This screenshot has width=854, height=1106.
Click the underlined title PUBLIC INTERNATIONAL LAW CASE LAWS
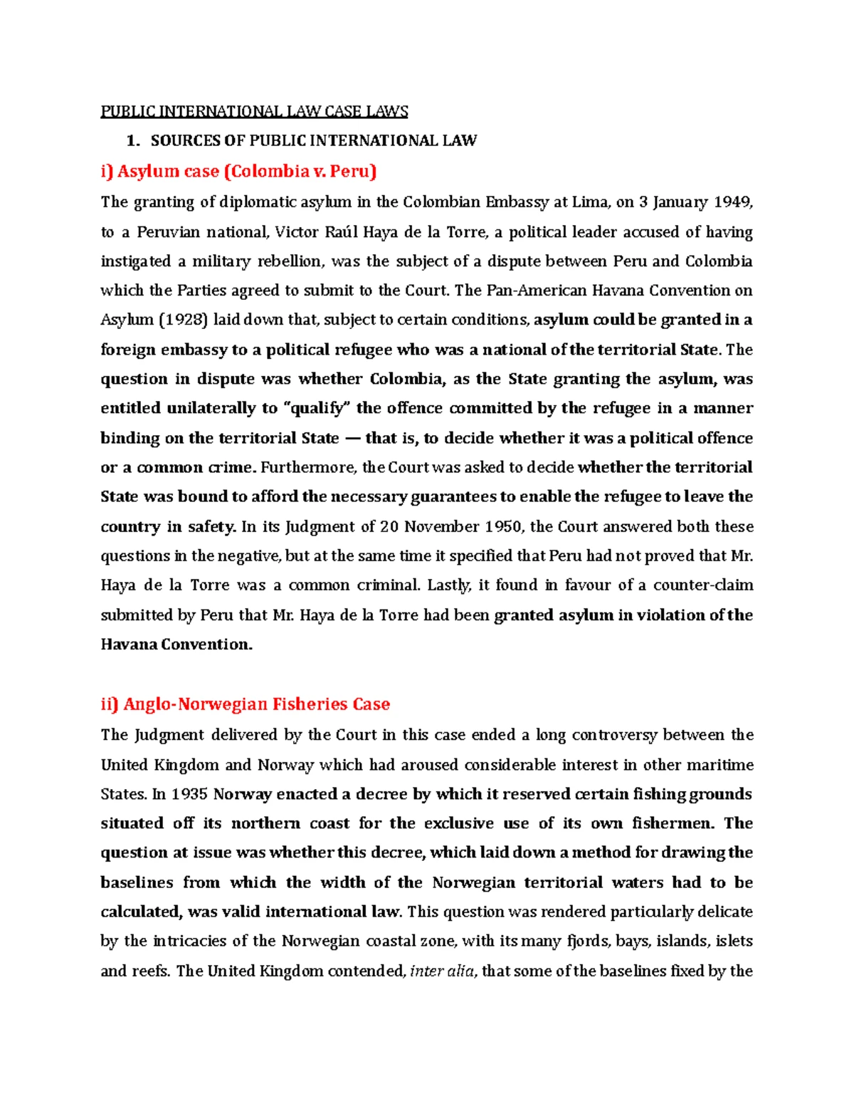click(254, 111)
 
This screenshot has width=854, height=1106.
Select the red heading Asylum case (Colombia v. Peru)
click(238, 171)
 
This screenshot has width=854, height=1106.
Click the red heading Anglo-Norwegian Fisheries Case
click(246, 704)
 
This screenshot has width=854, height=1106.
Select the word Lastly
click(449, 585)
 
